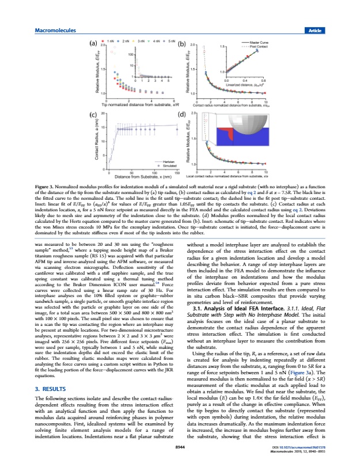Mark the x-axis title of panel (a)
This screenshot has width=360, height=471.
coord(137,105)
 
